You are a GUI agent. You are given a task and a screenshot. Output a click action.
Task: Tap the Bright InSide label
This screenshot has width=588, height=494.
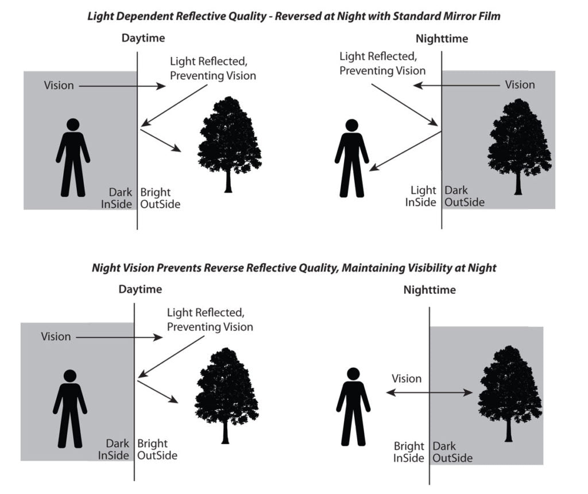409,452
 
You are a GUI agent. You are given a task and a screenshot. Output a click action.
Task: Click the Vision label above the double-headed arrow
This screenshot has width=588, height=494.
407,379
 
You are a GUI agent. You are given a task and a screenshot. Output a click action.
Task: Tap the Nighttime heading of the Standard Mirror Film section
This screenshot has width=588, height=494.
442,39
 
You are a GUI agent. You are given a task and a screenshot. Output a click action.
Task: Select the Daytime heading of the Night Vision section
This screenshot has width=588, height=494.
140,289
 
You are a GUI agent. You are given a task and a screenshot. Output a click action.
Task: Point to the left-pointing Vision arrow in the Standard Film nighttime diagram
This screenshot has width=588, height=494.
457,85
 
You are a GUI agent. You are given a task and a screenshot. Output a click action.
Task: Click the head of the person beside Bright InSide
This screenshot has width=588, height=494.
353,374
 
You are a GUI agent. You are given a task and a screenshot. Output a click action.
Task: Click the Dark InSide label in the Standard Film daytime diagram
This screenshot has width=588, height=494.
119,198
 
